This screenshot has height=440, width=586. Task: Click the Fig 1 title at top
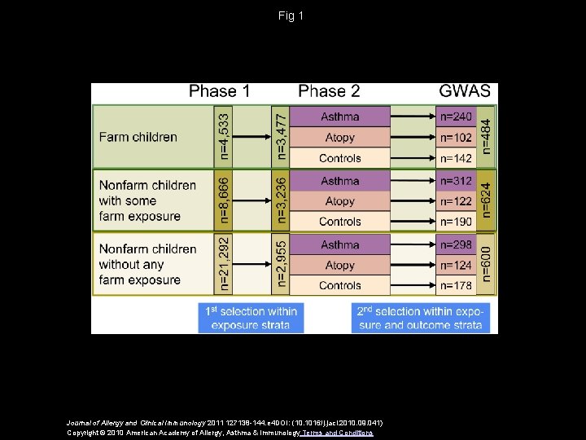[290, 15]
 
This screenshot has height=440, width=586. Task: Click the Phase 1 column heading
[219, 91]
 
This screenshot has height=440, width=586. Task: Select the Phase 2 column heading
[329, 91]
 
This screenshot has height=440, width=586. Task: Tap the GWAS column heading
[464, 91]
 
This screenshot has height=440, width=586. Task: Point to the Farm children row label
[138, 137]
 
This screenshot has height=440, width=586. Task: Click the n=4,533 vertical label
[224, 136]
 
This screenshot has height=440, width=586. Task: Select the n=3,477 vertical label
[280, 136]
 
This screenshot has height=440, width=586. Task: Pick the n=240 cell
[456, 117]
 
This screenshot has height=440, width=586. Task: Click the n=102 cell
[456, 138]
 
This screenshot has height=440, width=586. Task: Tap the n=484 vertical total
[486, 136]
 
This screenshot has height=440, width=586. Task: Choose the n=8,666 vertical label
[224, 200]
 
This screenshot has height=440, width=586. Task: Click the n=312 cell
[456, 181]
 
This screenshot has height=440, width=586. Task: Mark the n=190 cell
[456, 222]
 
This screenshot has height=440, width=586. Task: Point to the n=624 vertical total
[486, 200]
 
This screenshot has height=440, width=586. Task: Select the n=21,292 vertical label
[224, 264]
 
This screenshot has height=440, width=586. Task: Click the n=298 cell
[456, 244]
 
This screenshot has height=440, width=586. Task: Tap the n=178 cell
[456, 285]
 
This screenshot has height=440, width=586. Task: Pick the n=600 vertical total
[486, 264]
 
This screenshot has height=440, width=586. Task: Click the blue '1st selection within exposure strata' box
[251, 318]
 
